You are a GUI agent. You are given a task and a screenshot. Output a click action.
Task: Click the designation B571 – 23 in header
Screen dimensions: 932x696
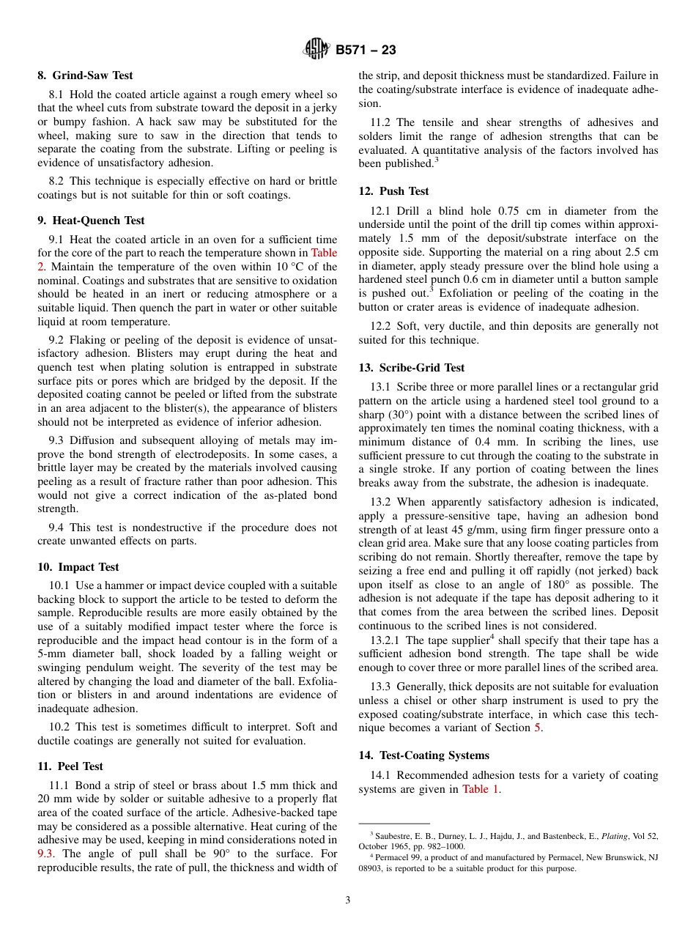pos(366,50)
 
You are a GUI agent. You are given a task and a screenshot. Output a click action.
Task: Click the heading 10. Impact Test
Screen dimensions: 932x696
pos(78,566)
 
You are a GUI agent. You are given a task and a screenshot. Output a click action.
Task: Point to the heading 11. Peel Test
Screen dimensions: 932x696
pos(70,766)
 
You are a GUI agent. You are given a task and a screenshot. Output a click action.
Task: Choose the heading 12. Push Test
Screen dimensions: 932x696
pos(393,191)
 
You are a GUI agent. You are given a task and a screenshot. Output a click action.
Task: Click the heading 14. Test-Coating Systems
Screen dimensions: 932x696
pos(423,755)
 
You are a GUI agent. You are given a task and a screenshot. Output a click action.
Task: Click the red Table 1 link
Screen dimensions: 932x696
pos(480,789)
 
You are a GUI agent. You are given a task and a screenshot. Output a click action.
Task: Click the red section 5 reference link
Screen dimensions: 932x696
pos(537,728)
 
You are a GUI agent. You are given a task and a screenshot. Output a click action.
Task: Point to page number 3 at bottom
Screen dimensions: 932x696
pos(348,900)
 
